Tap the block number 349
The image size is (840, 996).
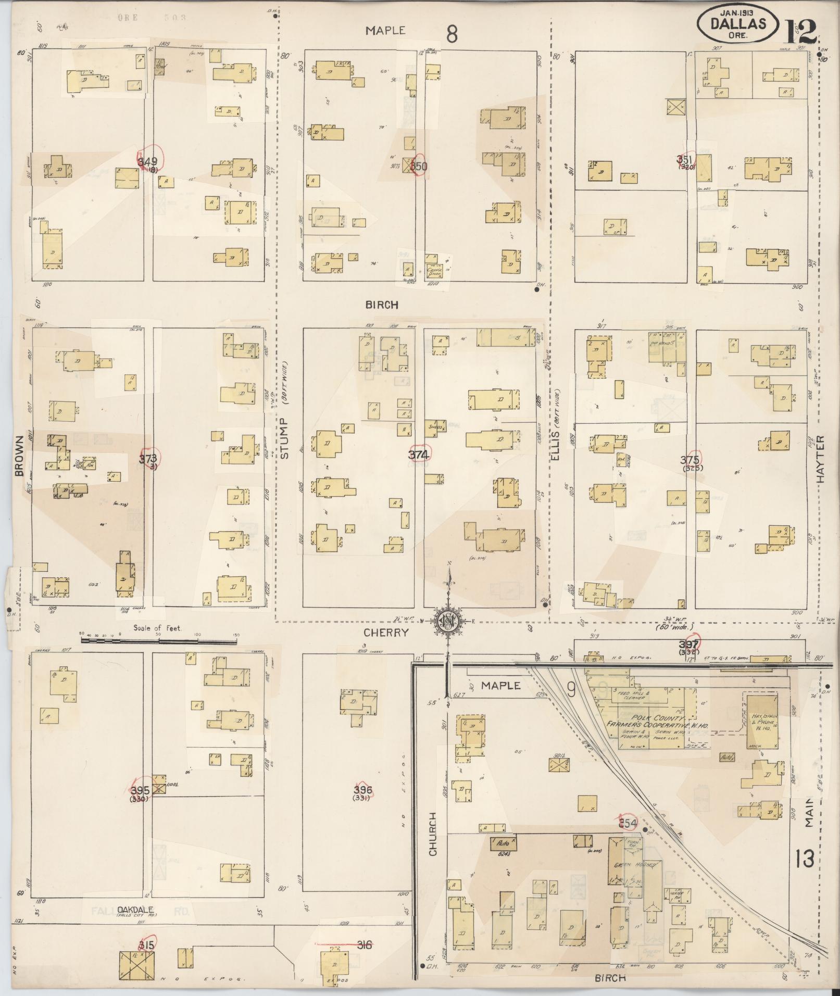click(148, 162)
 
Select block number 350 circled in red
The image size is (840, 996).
click(418, 167)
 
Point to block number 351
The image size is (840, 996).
click(685, 159)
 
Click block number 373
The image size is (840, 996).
click(148, 459)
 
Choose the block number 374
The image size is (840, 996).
click(418, 455)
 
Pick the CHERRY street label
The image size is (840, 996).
click(386, 632)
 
